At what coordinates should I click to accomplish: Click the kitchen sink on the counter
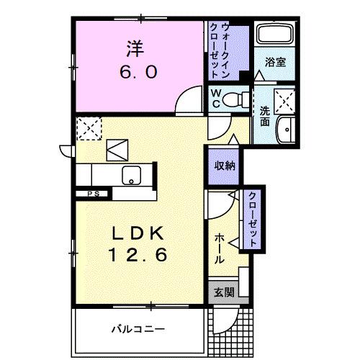(x=132, y=175)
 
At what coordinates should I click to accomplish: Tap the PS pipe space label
(x=94, y=193)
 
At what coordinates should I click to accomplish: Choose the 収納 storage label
(x=223, y=164)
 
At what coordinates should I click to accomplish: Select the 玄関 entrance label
(x=223, y=292)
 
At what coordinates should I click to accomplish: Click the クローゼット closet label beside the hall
(x=253, y=217)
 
